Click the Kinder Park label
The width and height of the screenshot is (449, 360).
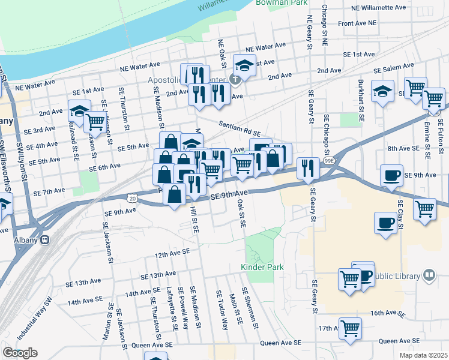pyautogui.click(x=262, y=266)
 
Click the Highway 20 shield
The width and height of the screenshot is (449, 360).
pyautogui.click(x=131, y=197)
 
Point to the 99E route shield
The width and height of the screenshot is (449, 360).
pyautogui.click(x=329, y=161)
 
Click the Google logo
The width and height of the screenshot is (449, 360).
pyautogui.click(x=20, y=353)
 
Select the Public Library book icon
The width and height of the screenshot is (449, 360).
pyautogui.click(x=429, y=276)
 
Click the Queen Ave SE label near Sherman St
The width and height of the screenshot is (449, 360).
pyautogui.click(x=281, y=343)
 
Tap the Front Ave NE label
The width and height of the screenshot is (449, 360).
pyautogui.click(x=357, y=23)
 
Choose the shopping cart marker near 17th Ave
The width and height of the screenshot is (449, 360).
pyautogui.click(x=350, y=328)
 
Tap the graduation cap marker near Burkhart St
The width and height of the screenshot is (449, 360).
pyautogui.click(x=382, y=91)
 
